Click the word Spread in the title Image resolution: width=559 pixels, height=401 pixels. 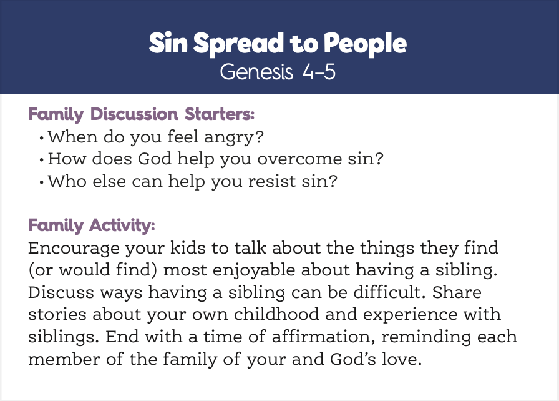[238, 44]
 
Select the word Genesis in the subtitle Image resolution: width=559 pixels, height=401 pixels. [256, 72]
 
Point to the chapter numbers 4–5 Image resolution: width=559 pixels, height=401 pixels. [319, 72]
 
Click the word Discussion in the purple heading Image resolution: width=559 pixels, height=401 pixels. [134, 114]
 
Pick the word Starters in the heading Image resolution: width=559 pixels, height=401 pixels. [220, 114]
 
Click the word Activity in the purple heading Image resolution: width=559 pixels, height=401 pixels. [122, 225]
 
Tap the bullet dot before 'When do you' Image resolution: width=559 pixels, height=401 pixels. [42, 137]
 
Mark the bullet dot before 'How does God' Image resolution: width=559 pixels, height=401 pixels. [42, 159]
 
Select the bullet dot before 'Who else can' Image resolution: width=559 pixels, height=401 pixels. [42, 182]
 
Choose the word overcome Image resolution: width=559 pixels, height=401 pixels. [299, 159]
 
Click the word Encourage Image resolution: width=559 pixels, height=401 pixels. [74, 249]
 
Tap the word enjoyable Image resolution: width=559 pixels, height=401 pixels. [254, 271]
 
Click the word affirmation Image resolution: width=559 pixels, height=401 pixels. [323, 337]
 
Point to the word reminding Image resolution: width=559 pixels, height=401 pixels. [426, 337]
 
